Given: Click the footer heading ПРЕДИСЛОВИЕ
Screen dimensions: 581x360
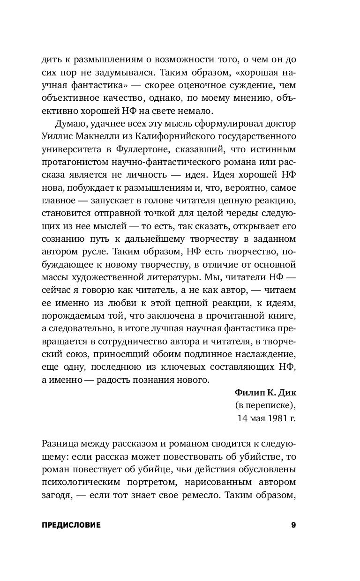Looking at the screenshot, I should point(71,525).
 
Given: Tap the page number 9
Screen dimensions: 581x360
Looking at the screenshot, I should point(293,525).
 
